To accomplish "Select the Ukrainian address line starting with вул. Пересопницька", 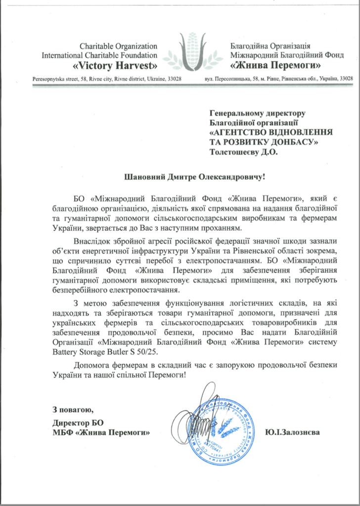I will pyautogui.click(x=278, y=79).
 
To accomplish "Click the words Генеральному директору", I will pyautogui.click(x=258, y=115).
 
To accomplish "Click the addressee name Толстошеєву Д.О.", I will pyautogui.click(x=244, y=152).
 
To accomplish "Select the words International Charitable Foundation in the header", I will pyautogui.click(x=99, y=55).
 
